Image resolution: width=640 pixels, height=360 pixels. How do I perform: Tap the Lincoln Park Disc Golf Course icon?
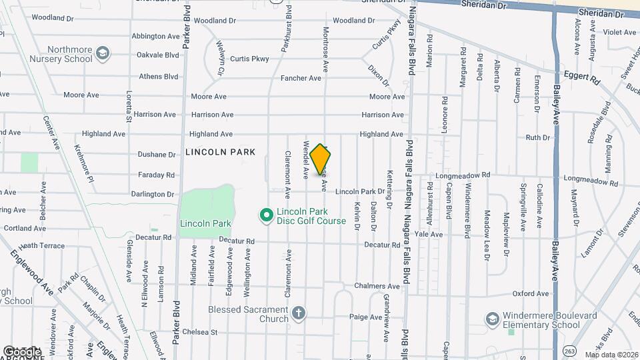click(x=266, y=215)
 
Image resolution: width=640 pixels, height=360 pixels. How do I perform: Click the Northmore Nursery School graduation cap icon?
click(x=102, y=52)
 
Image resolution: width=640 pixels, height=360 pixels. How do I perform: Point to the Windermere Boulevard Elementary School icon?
click(x=493, y=319)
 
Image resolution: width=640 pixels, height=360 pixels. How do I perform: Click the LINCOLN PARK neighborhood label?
click(x=220, y=152)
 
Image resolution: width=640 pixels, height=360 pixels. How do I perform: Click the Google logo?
click(x=22, y=351)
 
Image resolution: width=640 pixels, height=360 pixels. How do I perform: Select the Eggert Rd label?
click(x=581, y=77)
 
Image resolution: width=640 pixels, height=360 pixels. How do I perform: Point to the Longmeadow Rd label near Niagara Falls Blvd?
click(x=463, y=175)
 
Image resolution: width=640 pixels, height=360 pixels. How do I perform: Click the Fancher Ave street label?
click(x=301, y=78)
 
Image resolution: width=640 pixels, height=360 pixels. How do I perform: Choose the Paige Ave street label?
click(x=363, y=317)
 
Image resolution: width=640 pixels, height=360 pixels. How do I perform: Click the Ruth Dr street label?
click(x=537, y=138)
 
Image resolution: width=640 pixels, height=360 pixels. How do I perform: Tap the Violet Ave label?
click(x=620, y=32)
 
